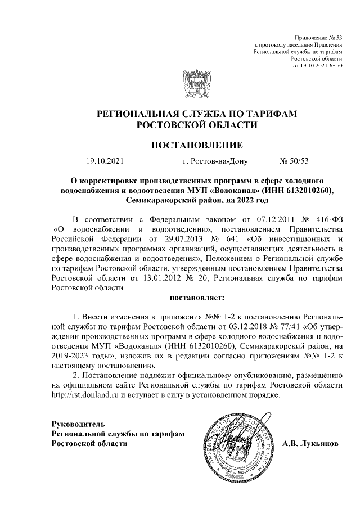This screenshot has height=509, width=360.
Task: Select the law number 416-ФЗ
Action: [x=326, y=218]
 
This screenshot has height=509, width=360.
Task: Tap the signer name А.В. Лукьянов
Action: [x=310, y=444]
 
